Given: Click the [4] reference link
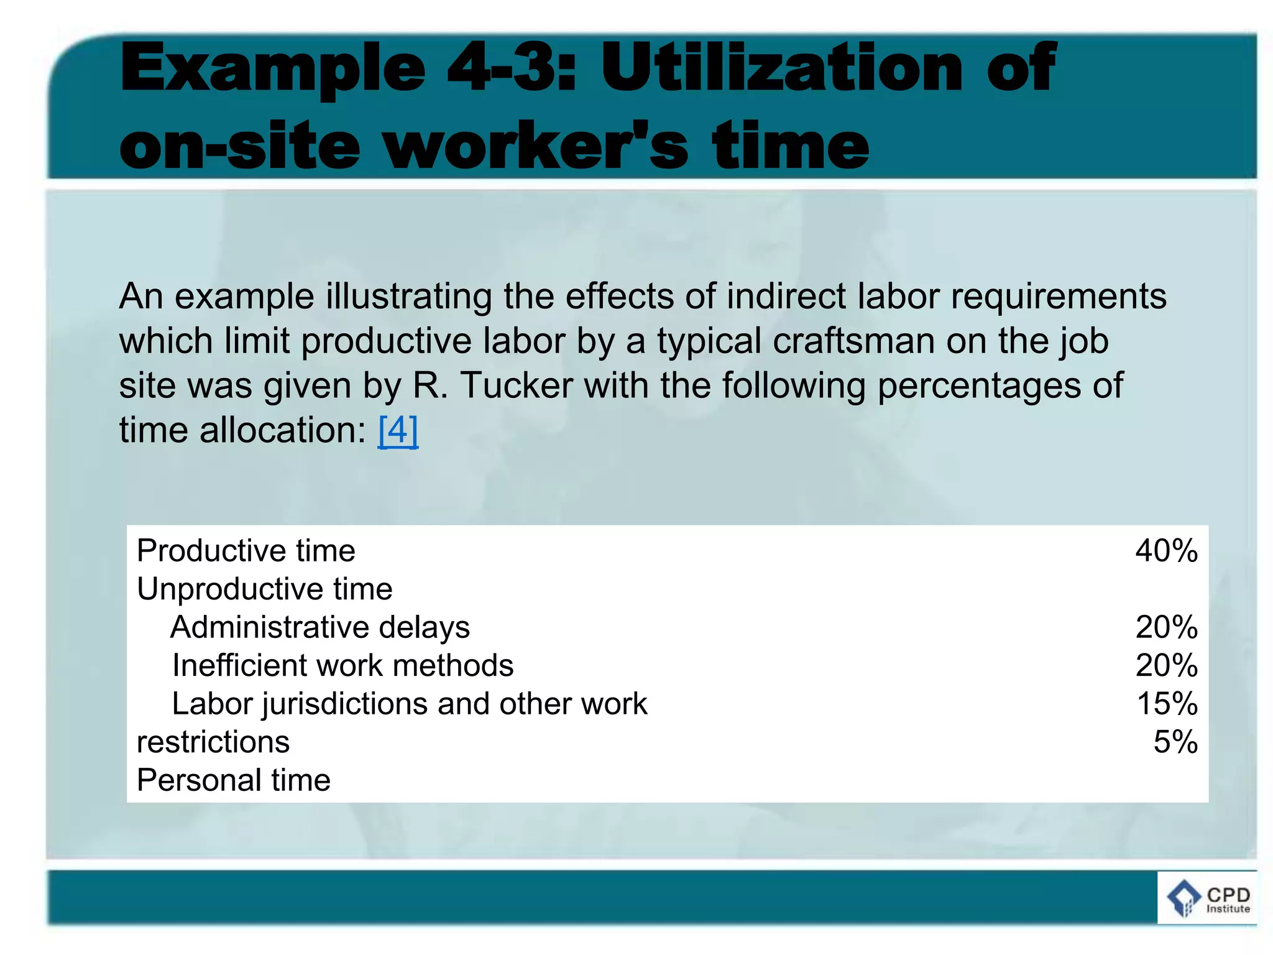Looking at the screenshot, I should [x=398, y=430].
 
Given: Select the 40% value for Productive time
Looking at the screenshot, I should [x=1166, y=551].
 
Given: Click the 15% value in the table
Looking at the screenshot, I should [x=1167, y=704].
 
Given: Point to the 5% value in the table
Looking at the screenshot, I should [x=1175, y=742].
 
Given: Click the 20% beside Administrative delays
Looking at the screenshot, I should [x=1166, y=627].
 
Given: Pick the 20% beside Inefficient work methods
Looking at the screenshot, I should [x=1166, y=666].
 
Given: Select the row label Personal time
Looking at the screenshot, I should [x=234, y=780].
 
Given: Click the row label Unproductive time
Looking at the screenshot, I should [x=265, y=589].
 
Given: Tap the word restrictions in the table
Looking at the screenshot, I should [x=213, y=742].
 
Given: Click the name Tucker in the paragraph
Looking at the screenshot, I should [x=517, y=385].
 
